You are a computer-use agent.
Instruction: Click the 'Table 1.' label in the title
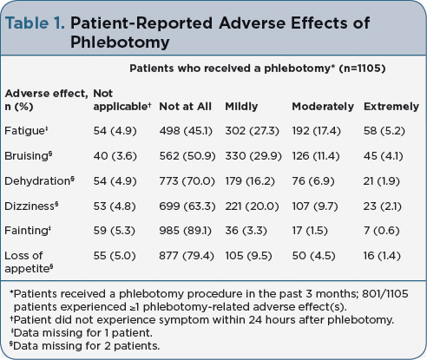click(x=35, y=23)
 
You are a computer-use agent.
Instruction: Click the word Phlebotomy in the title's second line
click(x=120, y=43)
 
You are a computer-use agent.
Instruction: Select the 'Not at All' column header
click(x=185, y=107)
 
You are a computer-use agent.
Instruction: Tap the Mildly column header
click(x=241, y=107)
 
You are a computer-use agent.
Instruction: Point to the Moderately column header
click(x=323, y=107)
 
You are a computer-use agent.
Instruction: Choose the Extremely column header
click(x=391, y=107)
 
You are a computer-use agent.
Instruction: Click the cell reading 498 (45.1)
click(x=186, y=131)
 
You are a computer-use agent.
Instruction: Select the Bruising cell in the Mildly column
click(x=253, y=156)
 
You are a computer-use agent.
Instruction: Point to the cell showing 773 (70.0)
click(x=187, y=181)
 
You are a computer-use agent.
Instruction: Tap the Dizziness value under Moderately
click(x=315, y=206)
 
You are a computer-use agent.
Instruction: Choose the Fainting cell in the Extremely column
click(x=381, y=231)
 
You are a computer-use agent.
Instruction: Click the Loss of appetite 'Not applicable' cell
click(x=115, y=256)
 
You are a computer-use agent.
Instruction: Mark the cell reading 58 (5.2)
click(x=384, y=131)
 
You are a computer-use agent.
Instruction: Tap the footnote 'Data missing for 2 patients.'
click(x=84, y=345)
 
